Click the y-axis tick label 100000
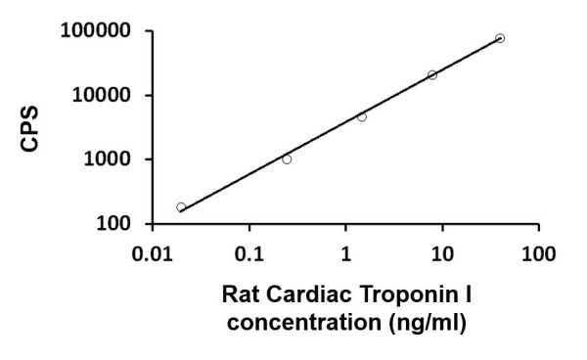click(x=94, y=31)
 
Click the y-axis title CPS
click(x=32, y=129)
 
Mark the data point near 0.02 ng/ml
click(x=181, y=207)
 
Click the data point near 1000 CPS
click(x=287, y=158)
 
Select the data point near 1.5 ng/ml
click(x=362, y=116)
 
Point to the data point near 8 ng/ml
click(x=432, y=74)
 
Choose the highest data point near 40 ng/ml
click(x=500, y=38)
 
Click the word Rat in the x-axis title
click(x=241, y=293)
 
